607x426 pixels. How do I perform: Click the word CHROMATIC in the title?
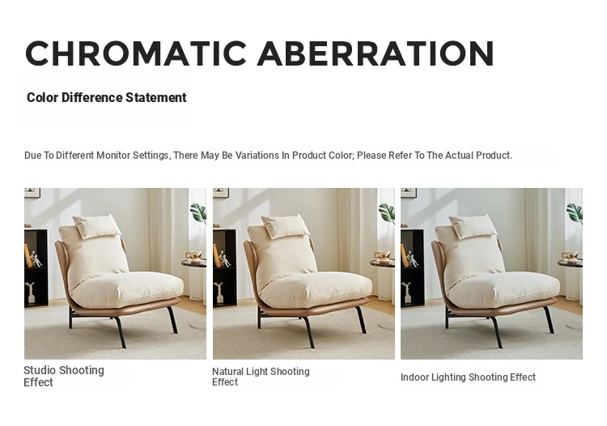[x=136, y=53]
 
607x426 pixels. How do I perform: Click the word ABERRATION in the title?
[x=376, y=53]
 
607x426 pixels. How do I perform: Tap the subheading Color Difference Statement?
[x=107, y=97]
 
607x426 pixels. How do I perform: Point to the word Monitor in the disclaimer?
[x=113, y=155]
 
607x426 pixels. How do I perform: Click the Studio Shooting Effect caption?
[x=64, y=376]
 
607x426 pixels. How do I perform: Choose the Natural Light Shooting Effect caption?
[x=261, y=377]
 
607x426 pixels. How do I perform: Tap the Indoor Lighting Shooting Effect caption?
[x=468, y=377]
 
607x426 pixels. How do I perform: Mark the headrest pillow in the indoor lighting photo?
[x=473, y=226]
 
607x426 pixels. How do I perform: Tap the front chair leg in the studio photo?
[x=119, y=332]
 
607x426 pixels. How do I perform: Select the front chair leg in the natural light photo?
[x=308, y=332]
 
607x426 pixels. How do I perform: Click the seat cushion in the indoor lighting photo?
[x=503, y=289]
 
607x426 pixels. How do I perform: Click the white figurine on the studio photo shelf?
[x=36, y=258]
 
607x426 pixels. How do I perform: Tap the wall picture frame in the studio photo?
[x=32, y=193]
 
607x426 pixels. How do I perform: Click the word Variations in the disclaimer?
[x=257, y=155]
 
